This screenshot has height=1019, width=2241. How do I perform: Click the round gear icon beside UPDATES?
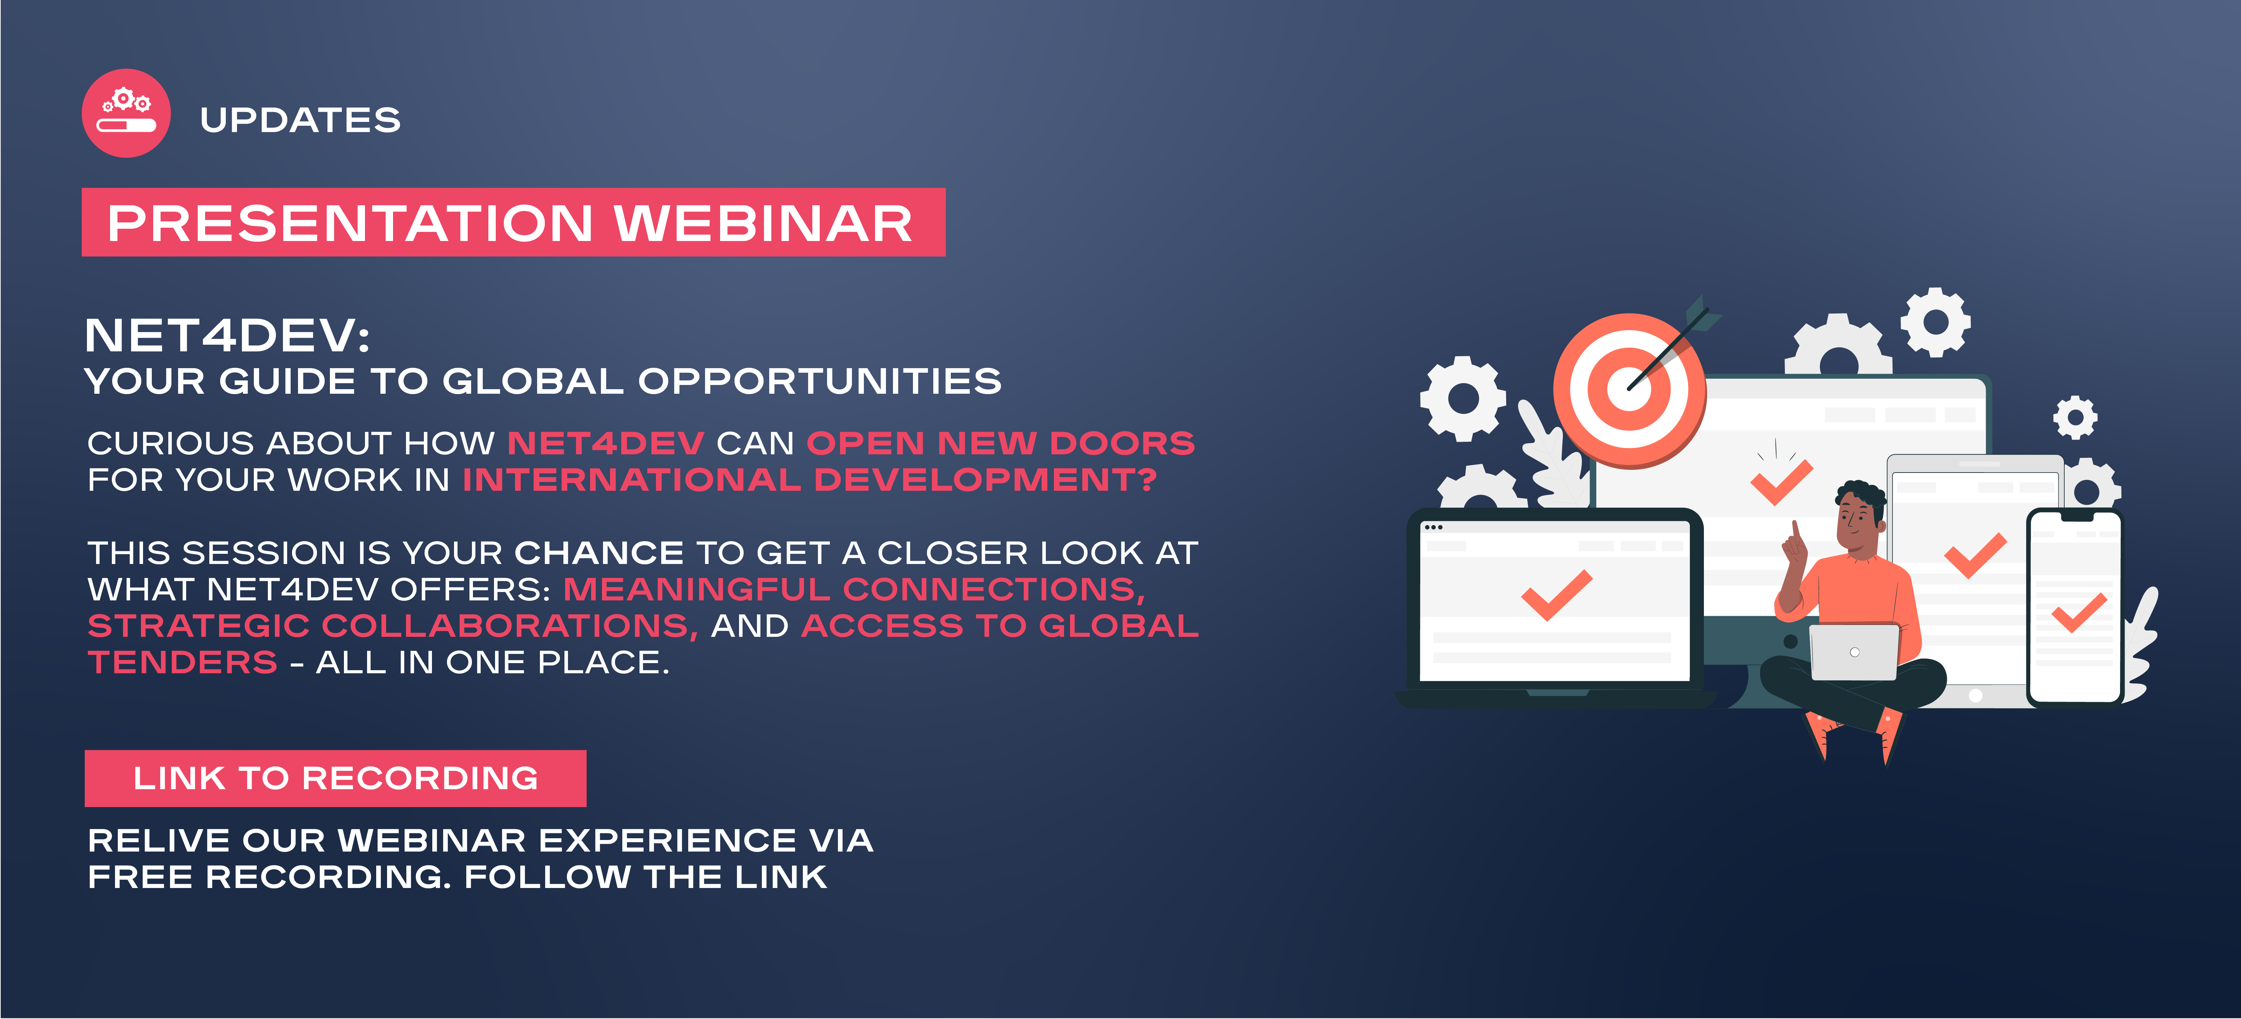[126, 113]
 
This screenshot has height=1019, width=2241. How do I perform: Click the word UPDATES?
[300, 120]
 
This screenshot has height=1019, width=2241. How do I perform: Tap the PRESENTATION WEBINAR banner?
[513, 222]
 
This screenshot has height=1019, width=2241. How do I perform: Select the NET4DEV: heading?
[227, 336]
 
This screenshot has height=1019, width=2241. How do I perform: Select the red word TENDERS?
[183, 662]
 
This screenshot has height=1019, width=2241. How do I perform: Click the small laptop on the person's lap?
[1854, 652]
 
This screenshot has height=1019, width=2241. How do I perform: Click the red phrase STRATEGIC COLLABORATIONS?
[392, 626]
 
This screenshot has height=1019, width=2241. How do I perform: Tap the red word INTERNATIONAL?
[631, 480]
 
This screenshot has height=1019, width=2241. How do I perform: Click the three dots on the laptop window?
[1433, 527]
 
